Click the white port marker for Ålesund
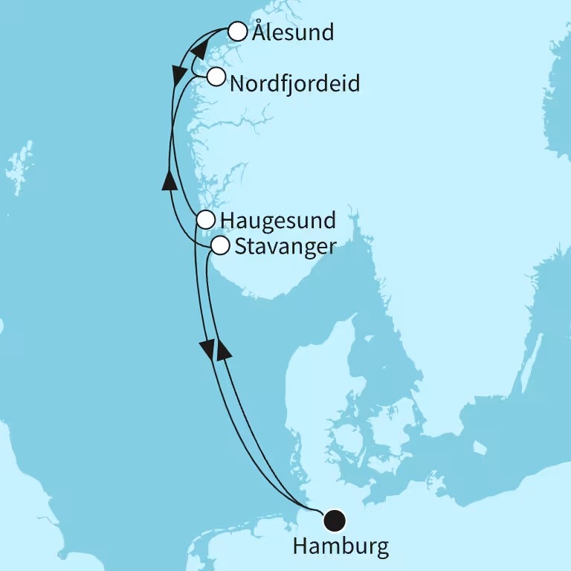237,31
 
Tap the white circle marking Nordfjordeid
216,77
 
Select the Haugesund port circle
206,219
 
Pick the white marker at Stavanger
220,245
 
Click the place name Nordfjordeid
294,83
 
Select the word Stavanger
285,247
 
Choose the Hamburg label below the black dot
341,548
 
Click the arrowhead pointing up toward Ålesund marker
198,50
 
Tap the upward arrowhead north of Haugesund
169,179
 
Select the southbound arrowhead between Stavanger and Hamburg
207,346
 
